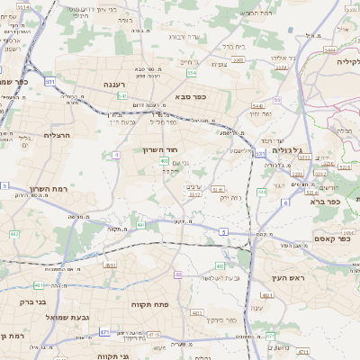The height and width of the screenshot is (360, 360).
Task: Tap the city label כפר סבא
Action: click(192, 97)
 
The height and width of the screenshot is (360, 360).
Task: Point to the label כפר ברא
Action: click(320, 202)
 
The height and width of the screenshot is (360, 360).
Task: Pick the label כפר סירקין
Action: click(220, 319)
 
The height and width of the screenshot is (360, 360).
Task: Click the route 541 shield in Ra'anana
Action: click(121, 95)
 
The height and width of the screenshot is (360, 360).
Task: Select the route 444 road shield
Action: click(262, 192)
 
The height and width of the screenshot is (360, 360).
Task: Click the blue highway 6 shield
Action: click(285, 203)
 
